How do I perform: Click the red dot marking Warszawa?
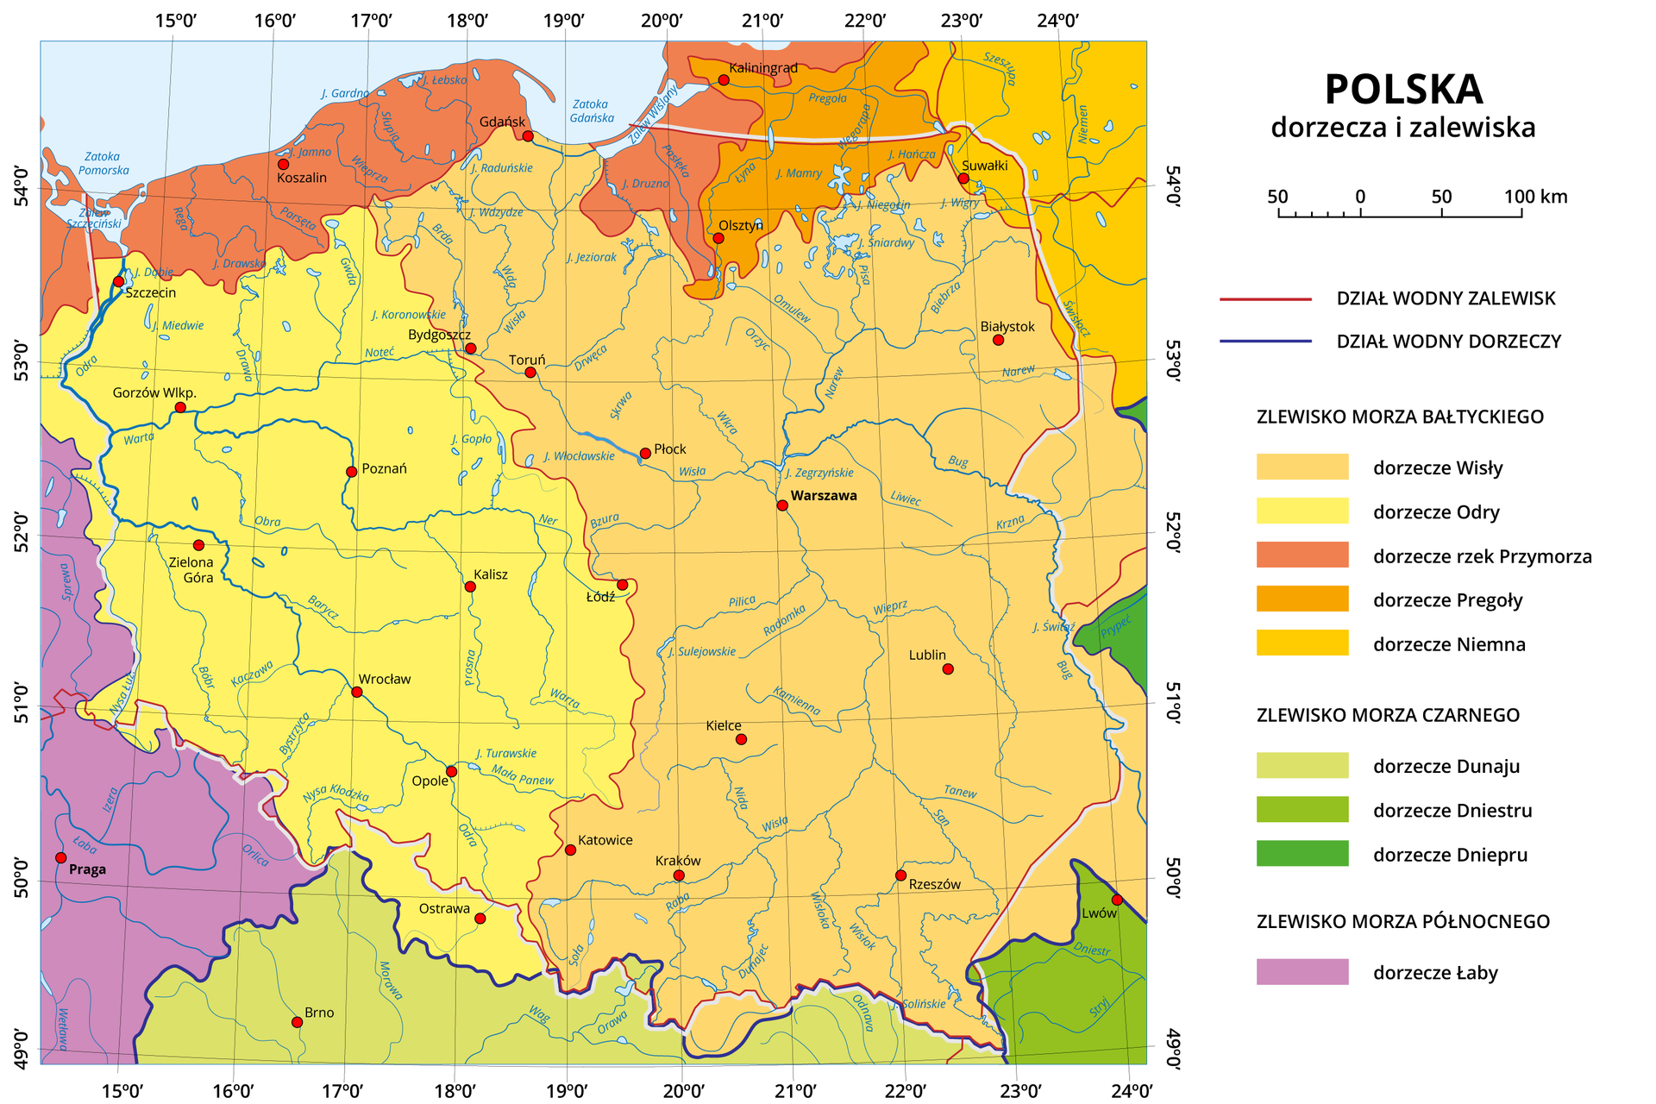tap(782, 505)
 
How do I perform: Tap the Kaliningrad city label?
tap(762, 67)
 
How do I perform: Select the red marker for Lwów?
tap(1117, 900)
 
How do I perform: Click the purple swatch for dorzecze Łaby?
tap(1302, 972)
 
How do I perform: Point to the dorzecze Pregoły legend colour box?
tap(1302, 599)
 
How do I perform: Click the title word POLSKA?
tap(1403, 90)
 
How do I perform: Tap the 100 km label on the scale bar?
tap(1535, 197)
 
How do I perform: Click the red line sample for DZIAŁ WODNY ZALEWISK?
tap(1265, 299)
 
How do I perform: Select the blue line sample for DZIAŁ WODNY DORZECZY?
tap(1265, 342)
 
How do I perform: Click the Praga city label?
tap(87, 869)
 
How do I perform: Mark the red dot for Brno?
tap(298, 1022)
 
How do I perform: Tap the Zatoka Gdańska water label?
tap(592, 110)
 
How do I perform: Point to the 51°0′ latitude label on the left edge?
tap(20, 705)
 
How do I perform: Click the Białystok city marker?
tap(998, 340)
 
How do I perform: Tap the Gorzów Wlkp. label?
tap(154, 392)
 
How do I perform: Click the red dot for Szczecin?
tap(118, 282)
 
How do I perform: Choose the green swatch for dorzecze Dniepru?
tap(1302, 854)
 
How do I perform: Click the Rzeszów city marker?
tap(900, 875)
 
